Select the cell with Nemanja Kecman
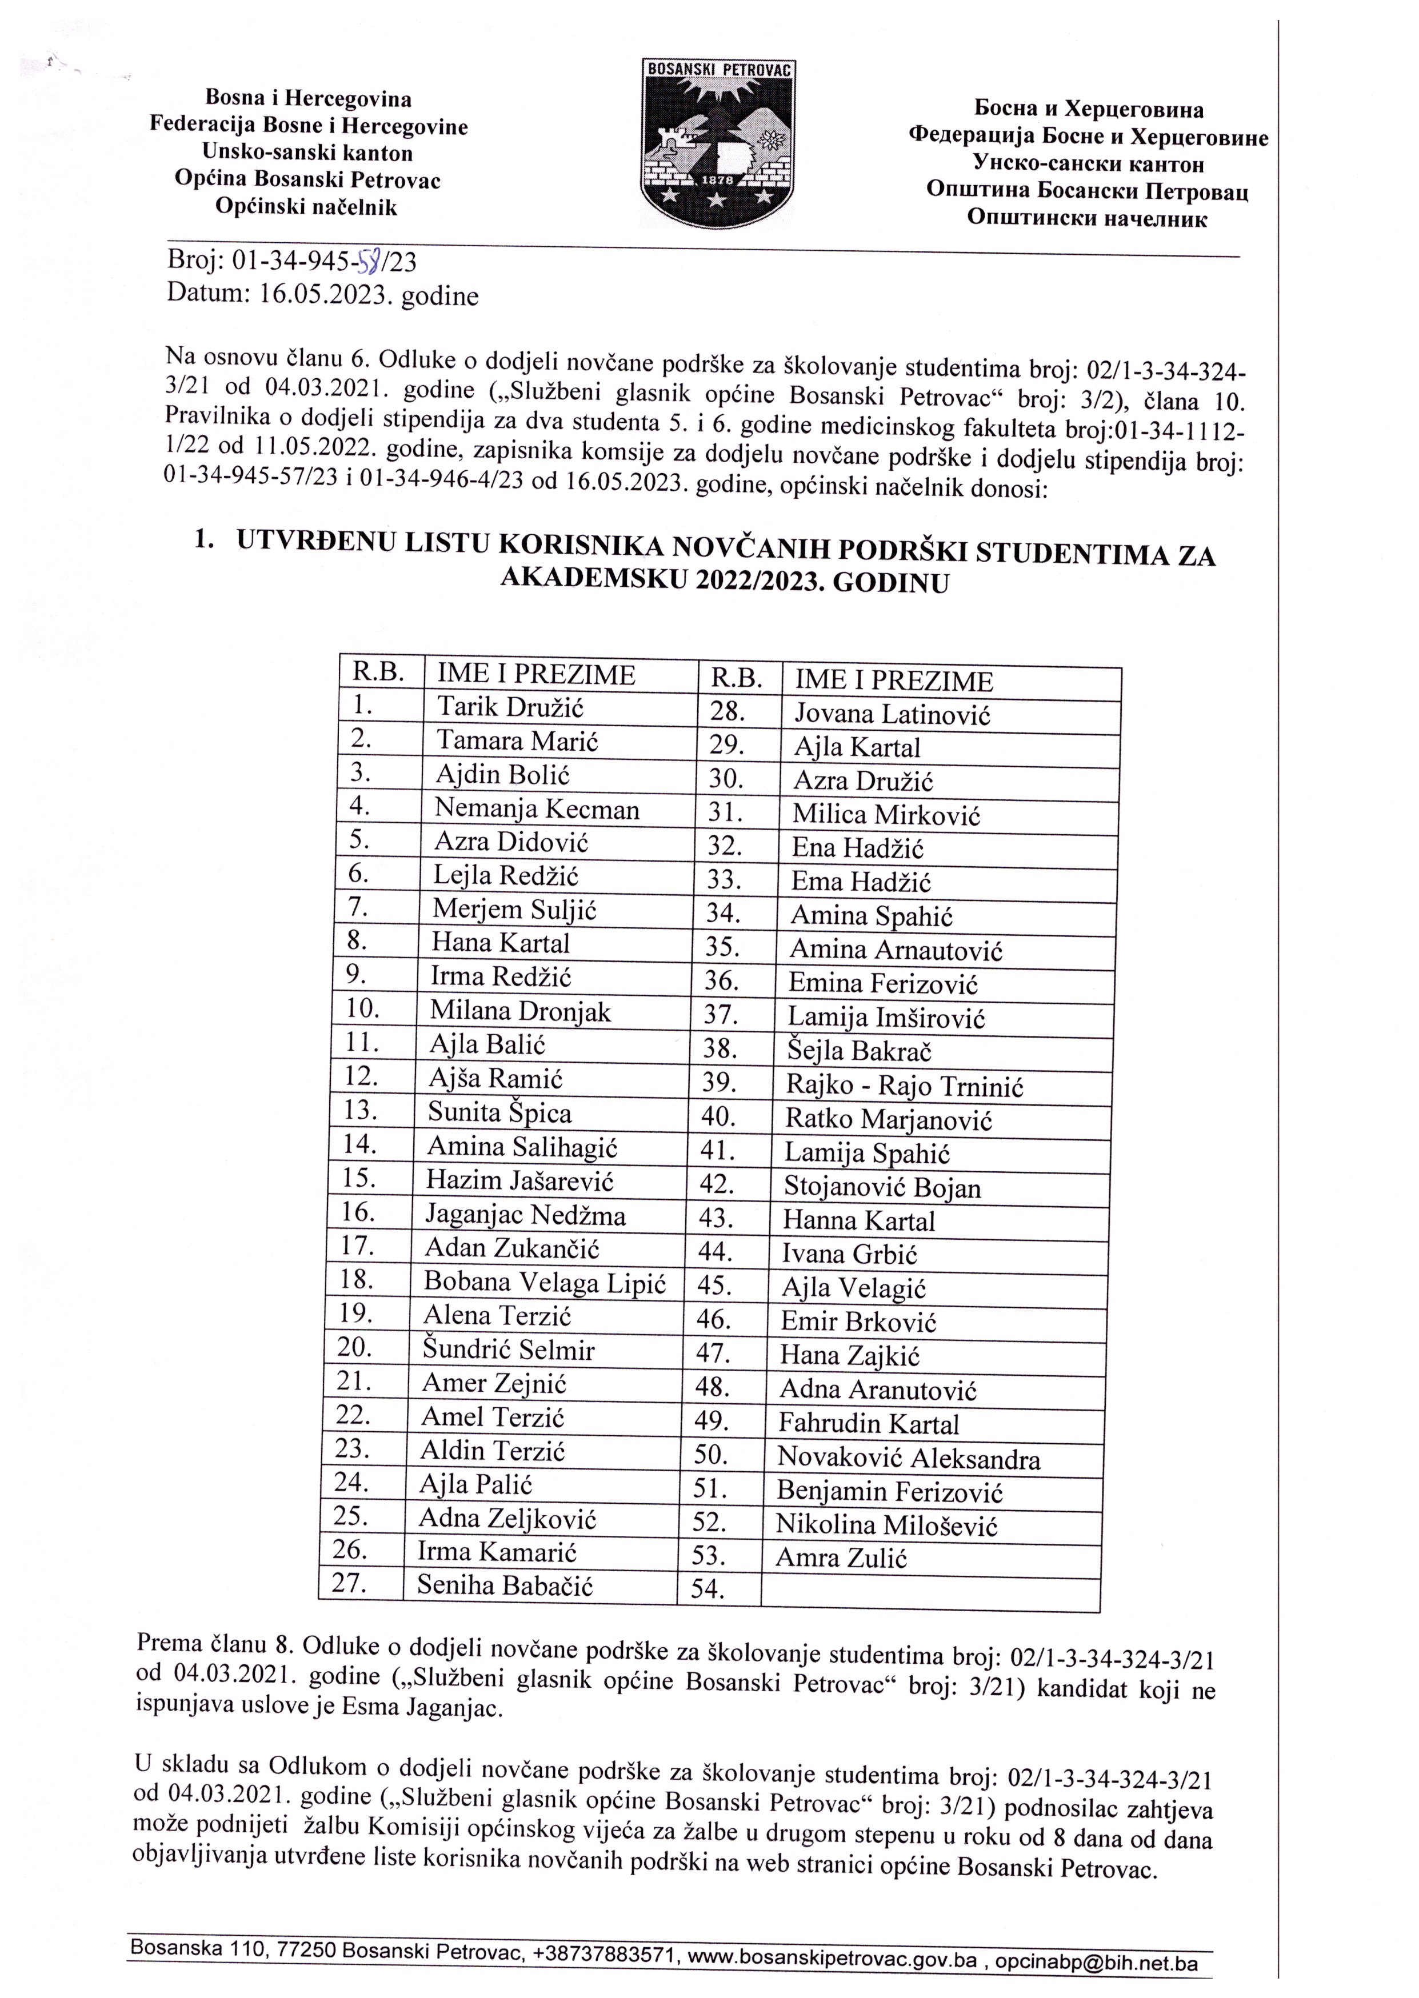click(537, 809)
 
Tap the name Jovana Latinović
click(892, 715)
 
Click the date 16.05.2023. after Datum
click(325, 295)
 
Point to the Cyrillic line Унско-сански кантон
click(1088, 163)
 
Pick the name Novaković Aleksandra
click(908, 1458)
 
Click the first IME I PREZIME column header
click(535, 674)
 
